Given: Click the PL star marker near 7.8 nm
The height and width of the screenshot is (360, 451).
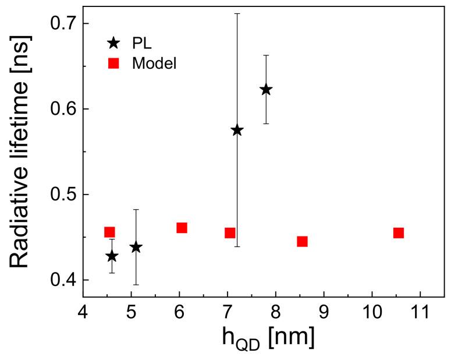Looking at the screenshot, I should (x=266, y=89).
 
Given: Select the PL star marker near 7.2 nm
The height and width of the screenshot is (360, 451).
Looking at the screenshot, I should (x=237, y=130).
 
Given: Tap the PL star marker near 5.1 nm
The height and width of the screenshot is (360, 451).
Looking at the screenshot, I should (x=136, y=247).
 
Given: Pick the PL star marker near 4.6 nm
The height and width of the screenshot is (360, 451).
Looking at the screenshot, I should (x=112, y=256).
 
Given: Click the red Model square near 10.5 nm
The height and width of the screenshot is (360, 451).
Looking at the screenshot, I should (x=399, y=233).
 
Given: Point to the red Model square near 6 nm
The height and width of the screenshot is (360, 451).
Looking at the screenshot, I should (x=182, y=228).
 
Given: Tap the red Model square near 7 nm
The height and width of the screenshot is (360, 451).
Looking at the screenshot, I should (x=230, y=233).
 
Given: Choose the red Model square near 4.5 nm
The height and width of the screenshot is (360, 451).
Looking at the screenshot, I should (x=109, y=232).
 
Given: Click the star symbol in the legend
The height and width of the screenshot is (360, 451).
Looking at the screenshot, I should (x=113, y=42).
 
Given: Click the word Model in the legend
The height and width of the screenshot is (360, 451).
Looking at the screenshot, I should (x=154, y=63).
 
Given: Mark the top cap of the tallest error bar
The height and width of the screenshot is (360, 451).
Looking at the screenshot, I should (x=237, y=13).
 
